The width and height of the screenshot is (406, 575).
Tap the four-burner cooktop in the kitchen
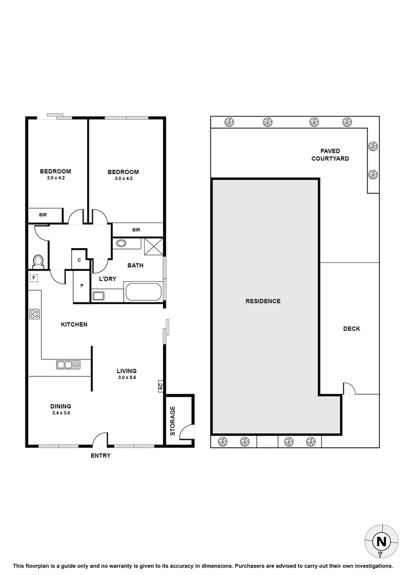35,314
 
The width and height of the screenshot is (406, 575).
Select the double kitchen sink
69,365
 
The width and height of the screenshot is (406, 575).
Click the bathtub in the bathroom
142,292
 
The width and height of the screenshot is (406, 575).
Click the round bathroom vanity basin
121,244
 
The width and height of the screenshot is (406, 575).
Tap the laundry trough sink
98,295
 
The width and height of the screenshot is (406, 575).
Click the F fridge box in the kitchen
34,278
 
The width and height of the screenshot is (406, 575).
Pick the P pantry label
81,286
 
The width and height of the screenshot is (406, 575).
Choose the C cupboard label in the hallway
79,260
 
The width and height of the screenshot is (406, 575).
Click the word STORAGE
173,421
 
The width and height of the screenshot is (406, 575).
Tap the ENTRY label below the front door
100,456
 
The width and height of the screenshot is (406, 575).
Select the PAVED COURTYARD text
330,155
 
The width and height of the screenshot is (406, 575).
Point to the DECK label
351,329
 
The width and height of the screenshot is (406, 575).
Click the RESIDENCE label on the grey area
263,301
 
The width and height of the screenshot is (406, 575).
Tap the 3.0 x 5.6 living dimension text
126,377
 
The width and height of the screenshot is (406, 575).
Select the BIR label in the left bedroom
43,215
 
